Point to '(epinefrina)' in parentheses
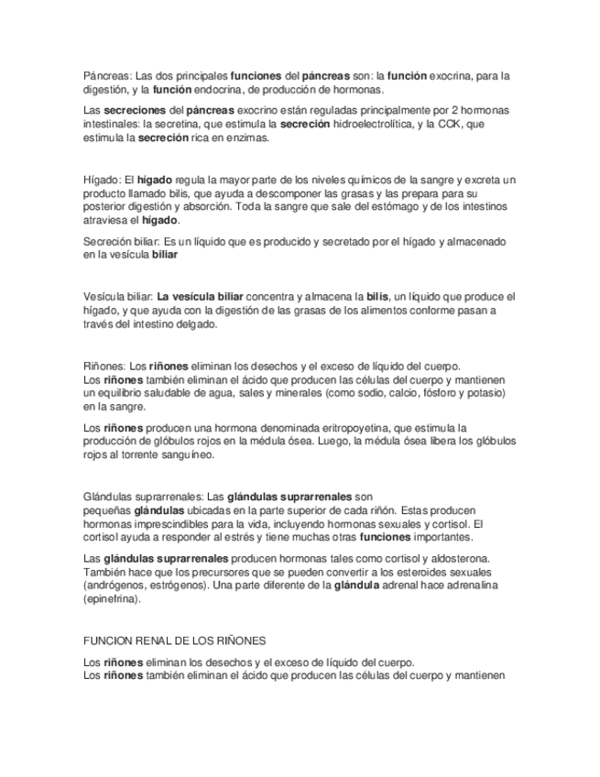pos(113,598)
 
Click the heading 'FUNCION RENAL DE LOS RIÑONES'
pos(174,640)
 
